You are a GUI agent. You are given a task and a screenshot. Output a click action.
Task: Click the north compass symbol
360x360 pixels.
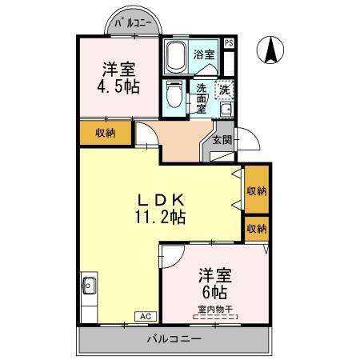(x=270, y=50)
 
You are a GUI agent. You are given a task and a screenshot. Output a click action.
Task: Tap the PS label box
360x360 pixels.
(x=229, y=43)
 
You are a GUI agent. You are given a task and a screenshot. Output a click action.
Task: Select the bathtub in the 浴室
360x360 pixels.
(x=175, y=57)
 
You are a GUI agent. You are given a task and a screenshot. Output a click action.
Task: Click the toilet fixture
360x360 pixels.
(x=174, y=94)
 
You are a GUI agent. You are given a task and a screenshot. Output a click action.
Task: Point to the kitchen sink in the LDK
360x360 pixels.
(x=89, y=286)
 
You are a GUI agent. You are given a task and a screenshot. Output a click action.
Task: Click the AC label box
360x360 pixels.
(x=146, y=316)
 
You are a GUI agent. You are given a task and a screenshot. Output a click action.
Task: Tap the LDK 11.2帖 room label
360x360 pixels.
(x=161, y=209)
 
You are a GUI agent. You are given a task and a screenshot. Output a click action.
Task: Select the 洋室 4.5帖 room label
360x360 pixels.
(x=118, y=78)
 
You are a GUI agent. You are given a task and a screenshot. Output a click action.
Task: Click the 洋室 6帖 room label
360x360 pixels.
(x=214, y=284)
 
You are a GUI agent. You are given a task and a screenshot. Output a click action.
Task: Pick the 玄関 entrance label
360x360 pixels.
(x=222, y=139)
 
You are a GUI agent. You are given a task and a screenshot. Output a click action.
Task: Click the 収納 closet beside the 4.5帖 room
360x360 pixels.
(x=106, y=133)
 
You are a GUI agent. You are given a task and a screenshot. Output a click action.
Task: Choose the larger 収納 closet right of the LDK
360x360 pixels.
(x=257, y=190)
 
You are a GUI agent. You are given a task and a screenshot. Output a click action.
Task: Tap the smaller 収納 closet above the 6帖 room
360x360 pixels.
(x=257, y=229)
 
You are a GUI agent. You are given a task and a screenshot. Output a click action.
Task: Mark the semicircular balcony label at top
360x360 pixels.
(x=133, y=23)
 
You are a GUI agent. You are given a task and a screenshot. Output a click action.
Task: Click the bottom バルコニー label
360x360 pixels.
(x=174, y=339)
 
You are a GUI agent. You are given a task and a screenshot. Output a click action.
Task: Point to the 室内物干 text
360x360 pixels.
(x=215, y=310)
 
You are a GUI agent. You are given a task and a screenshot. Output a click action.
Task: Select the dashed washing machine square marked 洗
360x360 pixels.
(x=224, y=90)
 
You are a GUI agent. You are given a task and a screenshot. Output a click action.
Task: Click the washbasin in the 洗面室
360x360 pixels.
(x=226, y=110)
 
